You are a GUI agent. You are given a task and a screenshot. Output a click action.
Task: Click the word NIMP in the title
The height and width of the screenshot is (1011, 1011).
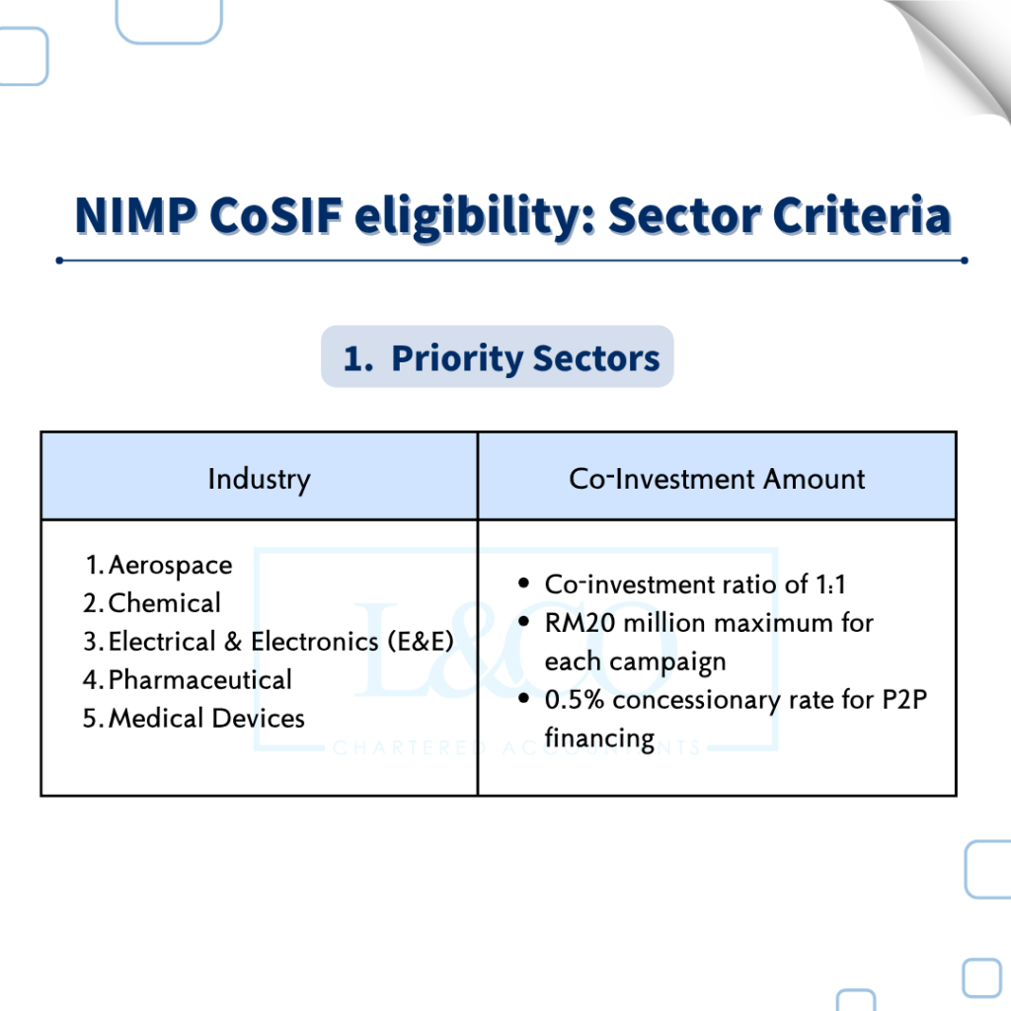click(x=136, y=214)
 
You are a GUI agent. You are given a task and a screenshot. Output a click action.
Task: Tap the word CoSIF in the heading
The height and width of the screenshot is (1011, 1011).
click(x=276, y=214)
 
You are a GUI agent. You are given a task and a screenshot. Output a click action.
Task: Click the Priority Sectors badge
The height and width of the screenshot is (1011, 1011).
click(x=498, y=356)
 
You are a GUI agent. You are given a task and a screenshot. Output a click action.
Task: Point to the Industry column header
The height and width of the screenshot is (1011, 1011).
click(x=260, y=480)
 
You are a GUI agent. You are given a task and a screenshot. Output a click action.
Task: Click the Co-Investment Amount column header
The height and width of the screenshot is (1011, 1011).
click(x=717, y=479)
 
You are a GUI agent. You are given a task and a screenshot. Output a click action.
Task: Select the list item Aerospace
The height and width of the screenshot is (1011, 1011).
click(x=170, y=566)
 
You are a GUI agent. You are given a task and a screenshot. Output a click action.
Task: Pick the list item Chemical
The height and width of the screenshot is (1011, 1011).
click(x=165, y=603)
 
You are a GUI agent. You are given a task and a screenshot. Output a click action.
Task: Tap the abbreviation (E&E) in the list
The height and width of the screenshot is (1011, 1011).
click(x=421, y=642)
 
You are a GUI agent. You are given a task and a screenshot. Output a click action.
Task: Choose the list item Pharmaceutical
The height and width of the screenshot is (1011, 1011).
click(x=199, y=679)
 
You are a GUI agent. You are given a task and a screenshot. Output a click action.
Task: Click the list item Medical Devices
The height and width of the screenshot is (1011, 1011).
click(x=206, y=718)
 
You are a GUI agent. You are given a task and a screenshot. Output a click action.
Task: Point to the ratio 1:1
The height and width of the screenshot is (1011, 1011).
click(x=830, y=584)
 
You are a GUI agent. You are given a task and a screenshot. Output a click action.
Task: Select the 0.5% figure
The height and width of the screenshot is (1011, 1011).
click(x=574, y=700)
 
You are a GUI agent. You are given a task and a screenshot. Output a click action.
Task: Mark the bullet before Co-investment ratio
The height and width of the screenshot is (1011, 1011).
click(x=523, y=583)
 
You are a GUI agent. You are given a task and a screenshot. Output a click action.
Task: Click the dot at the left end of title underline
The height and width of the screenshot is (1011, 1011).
click(x=59, y=261)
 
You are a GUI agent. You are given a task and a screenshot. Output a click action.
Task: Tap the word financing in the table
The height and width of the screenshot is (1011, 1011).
click(x=599, y=739)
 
